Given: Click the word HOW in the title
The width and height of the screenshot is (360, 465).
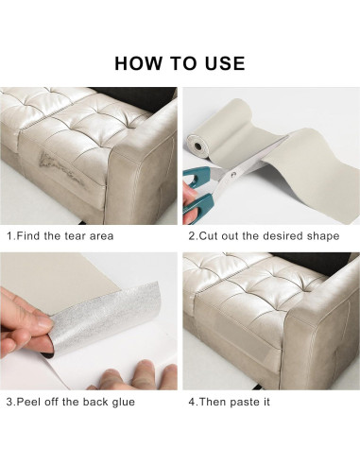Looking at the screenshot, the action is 137,63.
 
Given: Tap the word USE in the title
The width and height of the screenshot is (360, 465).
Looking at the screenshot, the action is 225,63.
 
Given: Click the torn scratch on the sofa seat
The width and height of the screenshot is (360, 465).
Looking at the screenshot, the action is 59,167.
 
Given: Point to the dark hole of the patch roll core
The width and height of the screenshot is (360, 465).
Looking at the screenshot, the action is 197,146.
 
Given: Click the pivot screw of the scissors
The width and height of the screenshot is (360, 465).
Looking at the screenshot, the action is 233,174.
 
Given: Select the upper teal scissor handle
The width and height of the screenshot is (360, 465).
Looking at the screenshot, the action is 197,176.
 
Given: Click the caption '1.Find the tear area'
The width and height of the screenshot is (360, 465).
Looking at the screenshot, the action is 60,236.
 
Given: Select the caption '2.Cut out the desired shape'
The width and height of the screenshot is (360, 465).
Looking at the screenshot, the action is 264,236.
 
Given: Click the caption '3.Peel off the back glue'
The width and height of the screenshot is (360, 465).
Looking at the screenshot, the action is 71,402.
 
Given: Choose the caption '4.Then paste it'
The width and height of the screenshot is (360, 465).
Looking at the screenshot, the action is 229,402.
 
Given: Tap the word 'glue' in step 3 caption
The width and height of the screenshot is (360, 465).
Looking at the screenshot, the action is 124,403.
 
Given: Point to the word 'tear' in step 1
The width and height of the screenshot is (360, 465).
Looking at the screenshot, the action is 76,236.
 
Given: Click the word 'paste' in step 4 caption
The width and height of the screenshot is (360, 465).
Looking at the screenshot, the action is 243,403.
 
